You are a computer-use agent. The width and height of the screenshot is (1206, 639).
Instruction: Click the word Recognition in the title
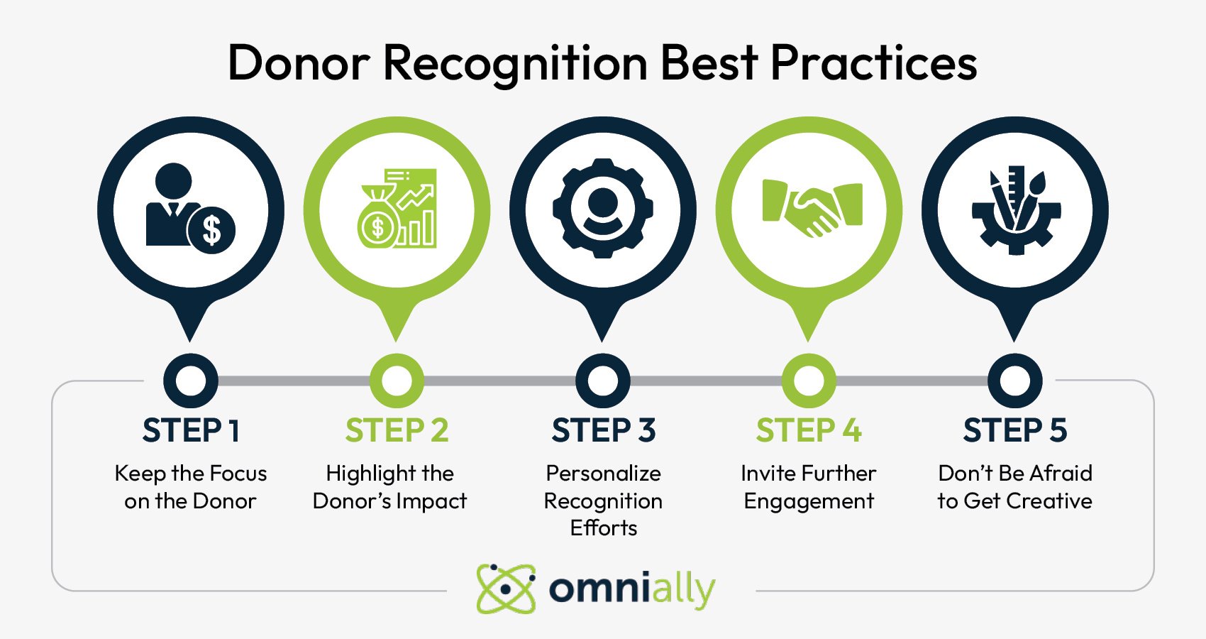tap(515, 63)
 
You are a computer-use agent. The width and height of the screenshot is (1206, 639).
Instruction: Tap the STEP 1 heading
tap(191, 430)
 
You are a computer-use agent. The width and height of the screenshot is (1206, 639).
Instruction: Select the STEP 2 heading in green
tap(397, 430)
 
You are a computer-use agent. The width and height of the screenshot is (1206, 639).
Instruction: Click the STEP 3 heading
tap(603, 430)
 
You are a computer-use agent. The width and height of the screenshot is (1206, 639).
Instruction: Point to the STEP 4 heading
tap(808, 430)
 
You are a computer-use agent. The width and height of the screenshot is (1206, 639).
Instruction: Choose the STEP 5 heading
tap(1014, 430)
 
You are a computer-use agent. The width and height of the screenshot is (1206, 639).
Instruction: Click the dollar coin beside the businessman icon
tap(211, 229)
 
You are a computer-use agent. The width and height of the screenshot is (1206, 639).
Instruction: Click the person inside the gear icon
tap(603, 209)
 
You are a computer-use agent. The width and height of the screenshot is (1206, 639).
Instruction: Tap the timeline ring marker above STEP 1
tap(191, 381)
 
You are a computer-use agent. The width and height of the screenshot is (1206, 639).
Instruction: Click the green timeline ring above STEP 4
tap(808, 381)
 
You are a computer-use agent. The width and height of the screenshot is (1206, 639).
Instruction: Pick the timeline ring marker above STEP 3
tap(603, 381)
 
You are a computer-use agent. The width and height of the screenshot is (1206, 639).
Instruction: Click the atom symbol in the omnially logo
tap(506, 589)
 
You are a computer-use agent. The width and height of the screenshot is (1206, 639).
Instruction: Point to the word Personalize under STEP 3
tap(603, 473)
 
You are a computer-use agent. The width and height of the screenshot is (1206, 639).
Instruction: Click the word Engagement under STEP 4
tap(808, 501)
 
